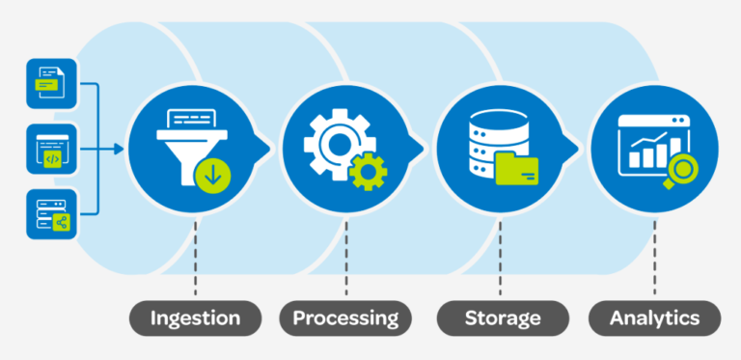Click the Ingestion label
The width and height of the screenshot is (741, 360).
[196, 318]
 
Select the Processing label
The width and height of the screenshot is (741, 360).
[345, 318]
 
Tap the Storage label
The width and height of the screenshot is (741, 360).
[501, 318]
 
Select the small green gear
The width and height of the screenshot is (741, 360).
[368, 171]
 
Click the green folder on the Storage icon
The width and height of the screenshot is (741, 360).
[519, 171]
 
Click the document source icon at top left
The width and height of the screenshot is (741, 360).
[51, 83]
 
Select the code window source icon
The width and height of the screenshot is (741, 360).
[51, 149]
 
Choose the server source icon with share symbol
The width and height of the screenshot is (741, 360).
[51, 214]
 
